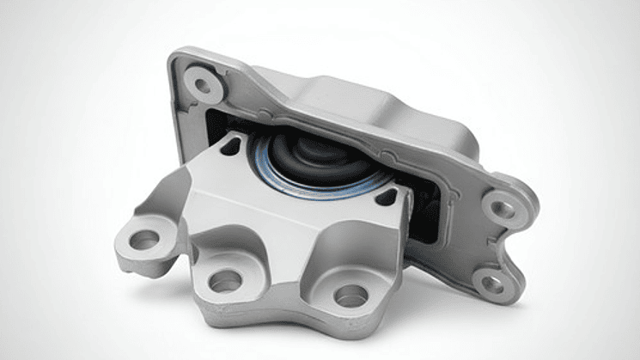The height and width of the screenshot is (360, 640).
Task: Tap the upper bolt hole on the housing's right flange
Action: click(501, 207)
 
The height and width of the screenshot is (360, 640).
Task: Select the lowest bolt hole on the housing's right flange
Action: click(493, 282)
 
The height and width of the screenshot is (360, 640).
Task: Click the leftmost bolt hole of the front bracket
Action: click(143, 240)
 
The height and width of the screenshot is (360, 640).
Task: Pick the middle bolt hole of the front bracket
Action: click(226, 280)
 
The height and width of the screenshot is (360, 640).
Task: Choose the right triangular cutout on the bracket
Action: click(387, 198)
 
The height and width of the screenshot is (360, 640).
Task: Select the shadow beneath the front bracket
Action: click(258, 340)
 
